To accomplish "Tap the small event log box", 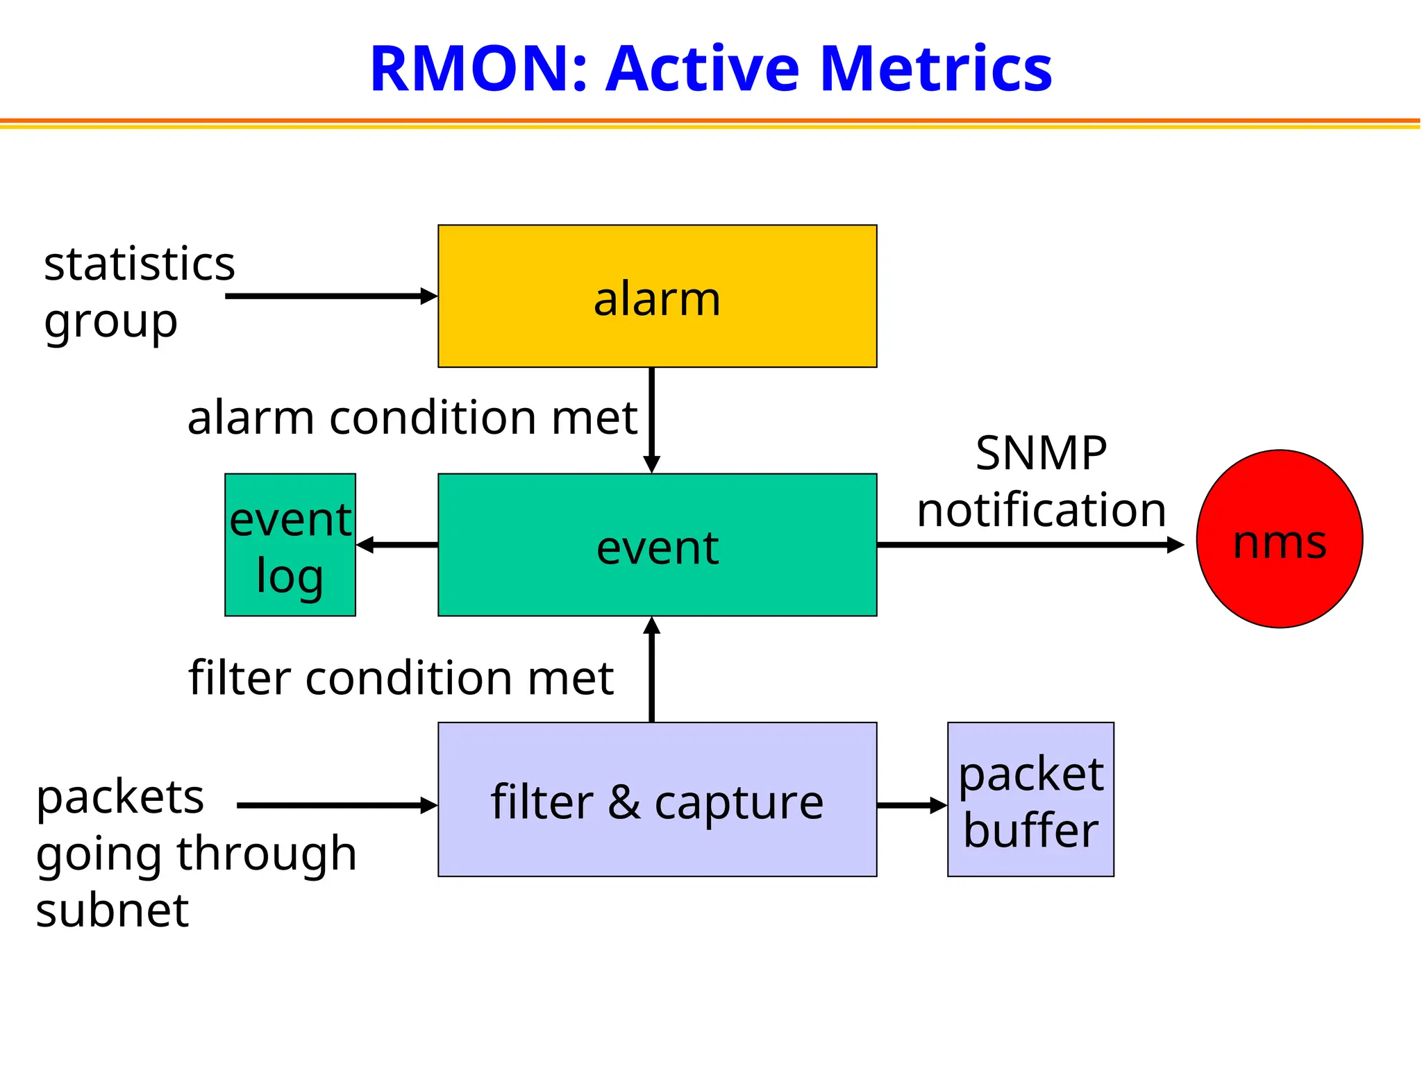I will click(x=290, y=545).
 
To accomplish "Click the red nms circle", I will click(x=1279, y=539).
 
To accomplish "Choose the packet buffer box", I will click(x=1030, y=799).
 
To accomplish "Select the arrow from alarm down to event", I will click(x=651, y=420).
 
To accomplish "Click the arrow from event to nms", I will click(x=1028, y=545).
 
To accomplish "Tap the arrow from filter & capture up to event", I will click(x=651, y=670).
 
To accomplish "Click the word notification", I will click(x=1041, y=510).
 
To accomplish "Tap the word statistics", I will click(x=140, y=264).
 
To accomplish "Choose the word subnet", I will click(x=112, y=911).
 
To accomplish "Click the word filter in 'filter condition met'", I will click(x=240, y=677).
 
